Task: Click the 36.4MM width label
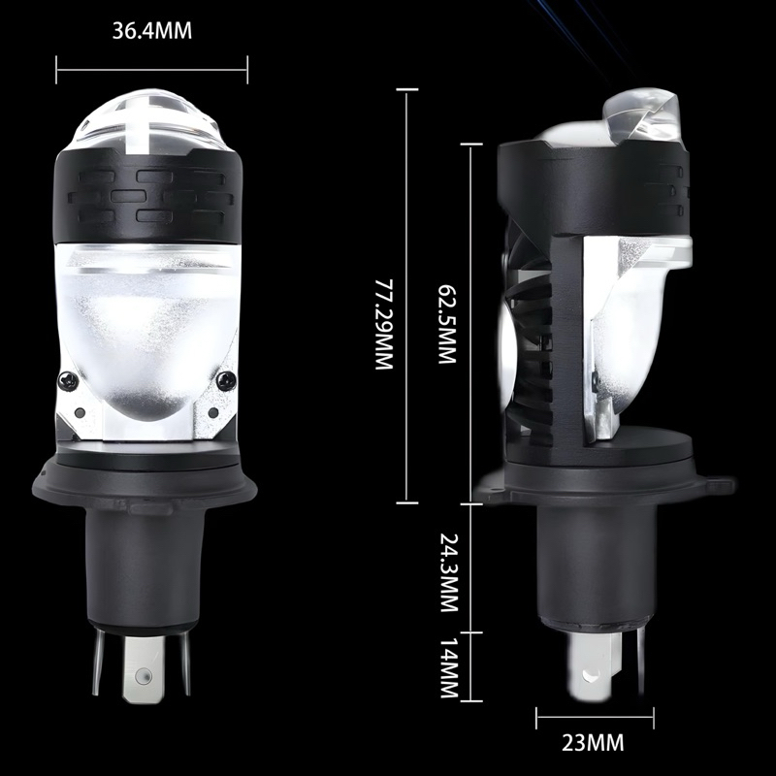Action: (152, 30)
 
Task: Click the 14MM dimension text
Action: (447, 668)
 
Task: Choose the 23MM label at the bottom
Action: (595, 744)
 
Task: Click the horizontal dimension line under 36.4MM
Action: (152, 70)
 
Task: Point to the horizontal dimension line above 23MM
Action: (594, 717)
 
